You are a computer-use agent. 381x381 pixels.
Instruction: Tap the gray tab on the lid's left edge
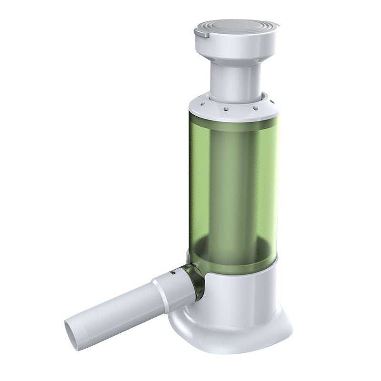pos(200,32)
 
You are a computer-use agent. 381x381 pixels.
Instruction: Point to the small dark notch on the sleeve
pos(172,274)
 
